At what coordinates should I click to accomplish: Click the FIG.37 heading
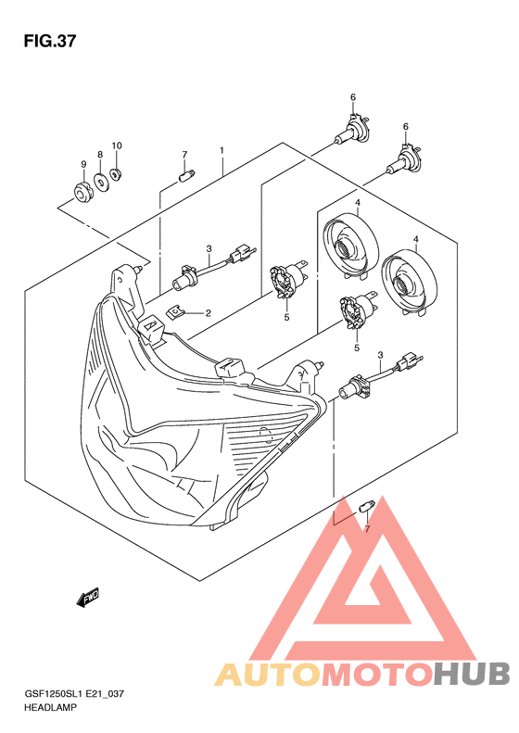(x=49, y=42)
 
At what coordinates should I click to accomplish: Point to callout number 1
(x=222, y=150)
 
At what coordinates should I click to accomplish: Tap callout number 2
(x=209, y=312)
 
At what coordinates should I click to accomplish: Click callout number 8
(x=100, y=154)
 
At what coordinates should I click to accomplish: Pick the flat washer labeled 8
(x=100, y=182)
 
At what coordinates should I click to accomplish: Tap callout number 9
(x=83, y=164)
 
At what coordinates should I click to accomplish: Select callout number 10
(x=117, y=145)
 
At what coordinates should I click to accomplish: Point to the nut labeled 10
(x=115, y=175)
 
